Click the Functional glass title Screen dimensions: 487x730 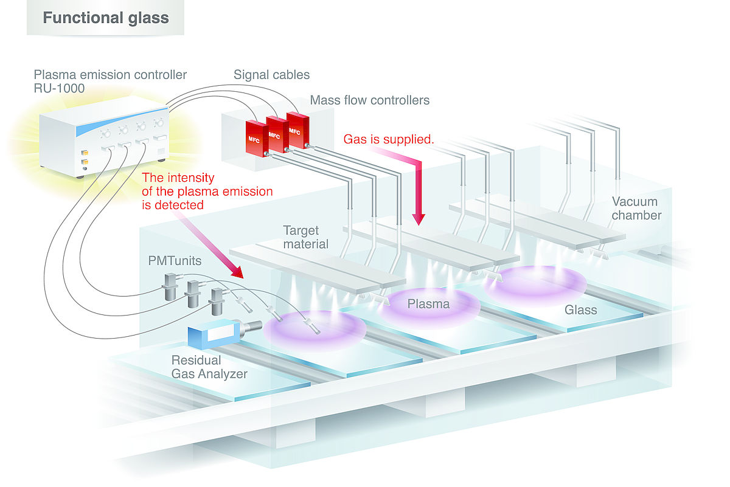[105, 17]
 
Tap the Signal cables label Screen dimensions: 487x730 [271, 75]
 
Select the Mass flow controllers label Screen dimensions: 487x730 [370, 100]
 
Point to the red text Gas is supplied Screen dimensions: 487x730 [389, 139]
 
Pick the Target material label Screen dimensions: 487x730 [305, 237]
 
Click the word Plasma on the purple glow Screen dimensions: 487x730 [428, 303]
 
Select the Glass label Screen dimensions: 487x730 [580, 309]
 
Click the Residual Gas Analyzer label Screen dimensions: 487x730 [209, 367]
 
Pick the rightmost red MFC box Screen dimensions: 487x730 [296, 130]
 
